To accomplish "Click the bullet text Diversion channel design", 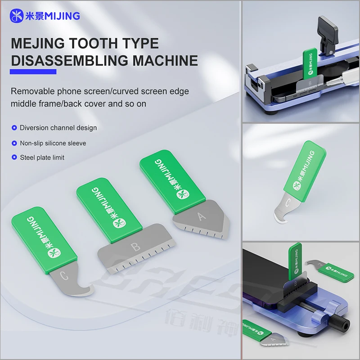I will click(58, 128).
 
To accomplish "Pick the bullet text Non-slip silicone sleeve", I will click(53, 143).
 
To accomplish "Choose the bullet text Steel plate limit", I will click(42, 157).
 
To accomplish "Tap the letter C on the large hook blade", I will click(64, 276).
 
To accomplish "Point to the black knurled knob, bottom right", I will click(339, 325).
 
